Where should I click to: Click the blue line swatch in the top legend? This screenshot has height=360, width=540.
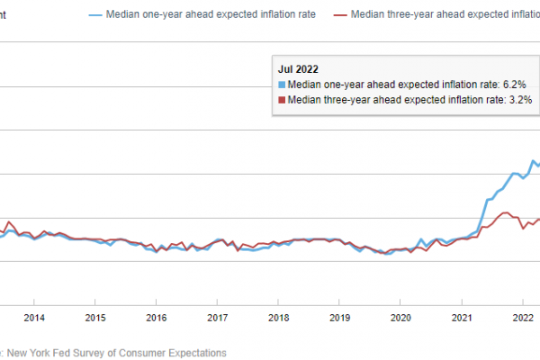coord(95,15)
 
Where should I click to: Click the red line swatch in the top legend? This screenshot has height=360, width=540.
coord(339,15)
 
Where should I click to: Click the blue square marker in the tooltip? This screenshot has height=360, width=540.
coord(282,84)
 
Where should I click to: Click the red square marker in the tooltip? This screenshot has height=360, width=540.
coord(282,99)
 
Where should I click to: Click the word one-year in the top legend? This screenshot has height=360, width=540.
coord(162,15)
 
